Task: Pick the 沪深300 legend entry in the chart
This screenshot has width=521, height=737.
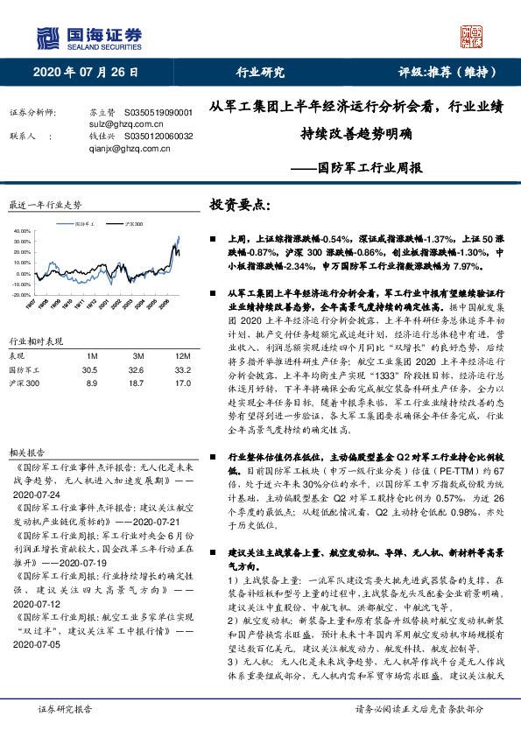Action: [x=133, y=225]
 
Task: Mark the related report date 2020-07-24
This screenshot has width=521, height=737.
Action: [x=37, y=495]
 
